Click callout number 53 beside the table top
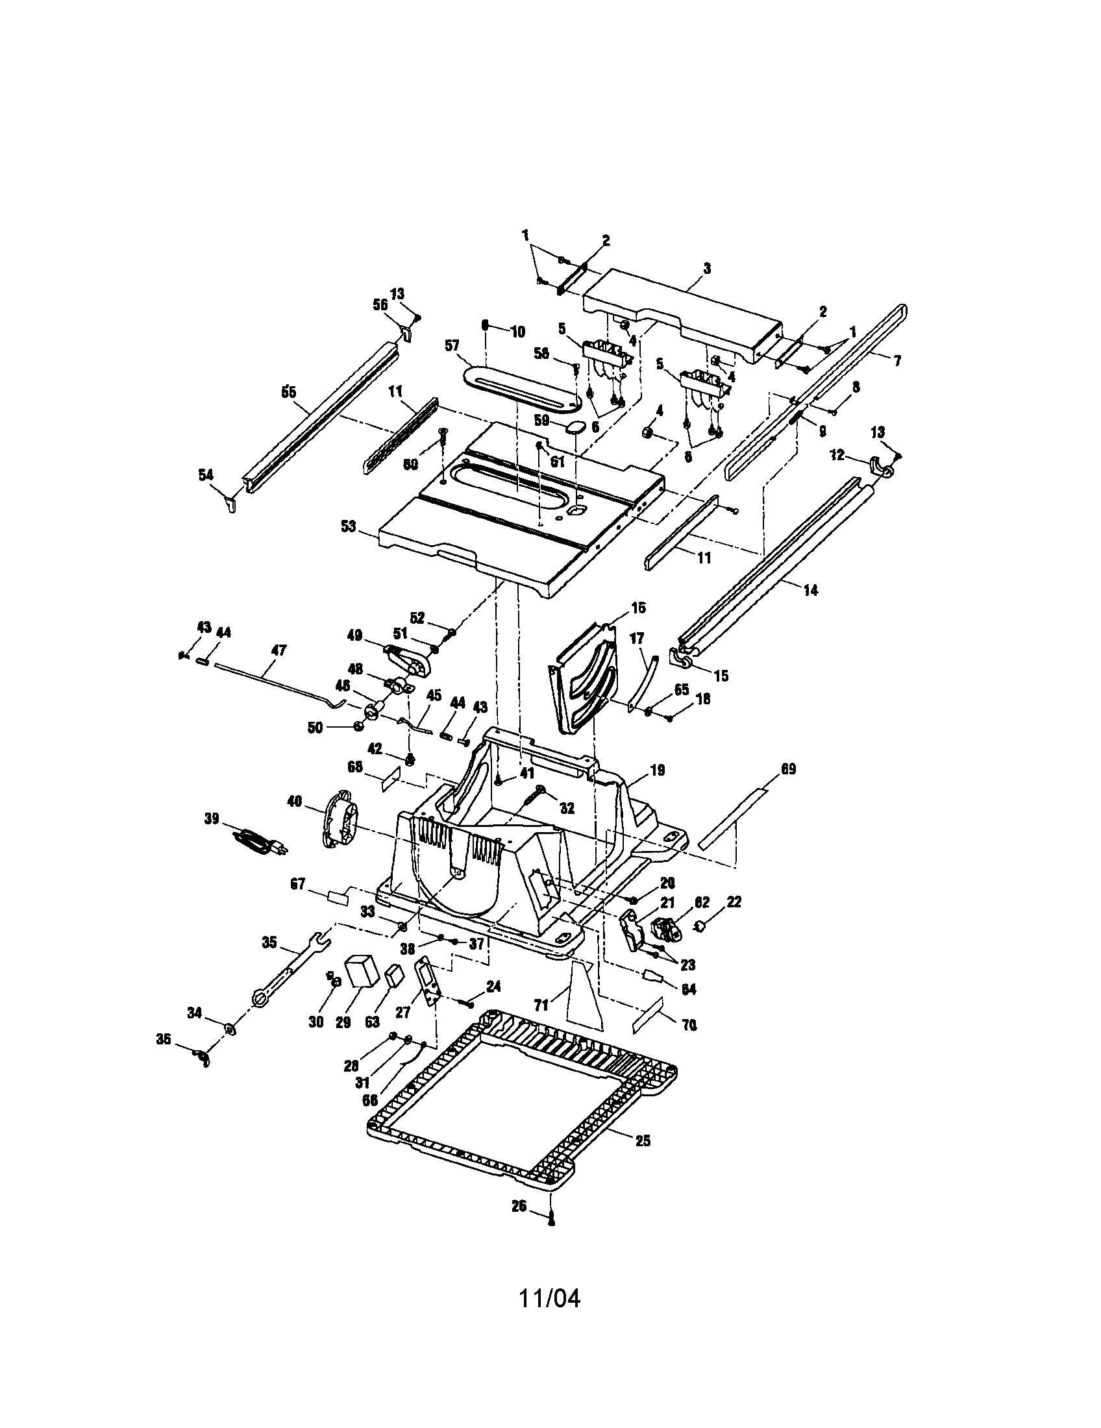click(349, 526)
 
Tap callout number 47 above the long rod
click(278, 651)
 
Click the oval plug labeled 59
click(576, 427)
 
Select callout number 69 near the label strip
click(789, 769)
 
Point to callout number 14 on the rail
click(810, 590)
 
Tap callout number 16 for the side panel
click(638, 608)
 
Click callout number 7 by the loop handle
click(897, 360)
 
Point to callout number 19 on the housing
click(657, 771)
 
